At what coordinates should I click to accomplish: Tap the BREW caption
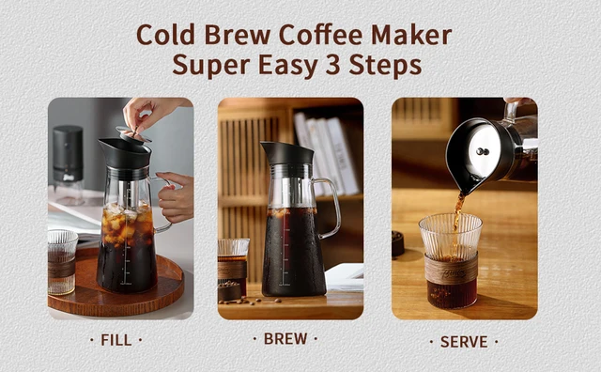pyautogui.click(x=285, y=337)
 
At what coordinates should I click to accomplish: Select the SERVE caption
pyautogui.click(x=464, y=341)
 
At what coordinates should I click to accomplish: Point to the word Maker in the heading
pyautogui.click(x=410, y=35)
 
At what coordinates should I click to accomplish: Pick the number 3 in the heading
pyautogui.click(x=344, y=66)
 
